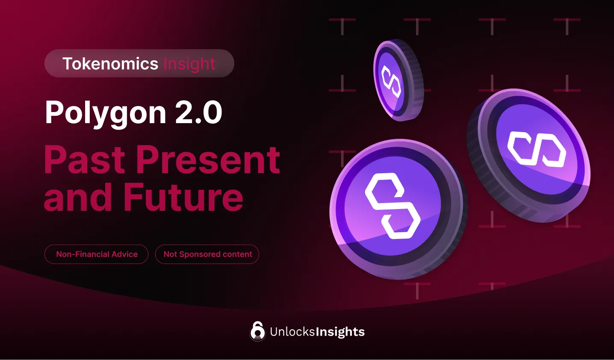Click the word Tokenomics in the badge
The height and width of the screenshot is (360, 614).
[x=110, y=64]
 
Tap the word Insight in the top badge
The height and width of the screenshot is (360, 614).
[x=189, y=64]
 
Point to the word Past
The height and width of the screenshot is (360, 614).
[x=87, y=160]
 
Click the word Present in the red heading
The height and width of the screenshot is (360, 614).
[x=208, y=160]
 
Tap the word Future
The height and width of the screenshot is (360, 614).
[x=183, y=198]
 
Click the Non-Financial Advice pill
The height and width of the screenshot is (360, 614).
[x=97, y=254]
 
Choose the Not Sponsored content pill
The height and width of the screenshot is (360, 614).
[x=207, y=254]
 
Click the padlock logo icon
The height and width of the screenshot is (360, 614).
[x=257, y=331]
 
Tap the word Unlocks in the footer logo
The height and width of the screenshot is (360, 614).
[x=292, y=332]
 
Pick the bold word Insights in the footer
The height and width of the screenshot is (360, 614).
[x=340, y=332]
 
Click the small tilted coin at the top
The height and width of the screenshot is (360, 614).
[x=398, y=80]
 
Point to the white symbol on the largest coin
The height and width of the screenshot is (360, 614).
[x=392, y=206]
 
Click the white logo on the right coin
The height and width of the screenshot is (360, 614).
[x=537, y=149]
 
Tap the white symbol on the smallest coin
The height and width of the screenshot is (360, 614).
[x=391, y=81]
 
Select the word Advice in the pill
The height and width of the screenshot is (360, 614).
[x=124, y=254]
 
